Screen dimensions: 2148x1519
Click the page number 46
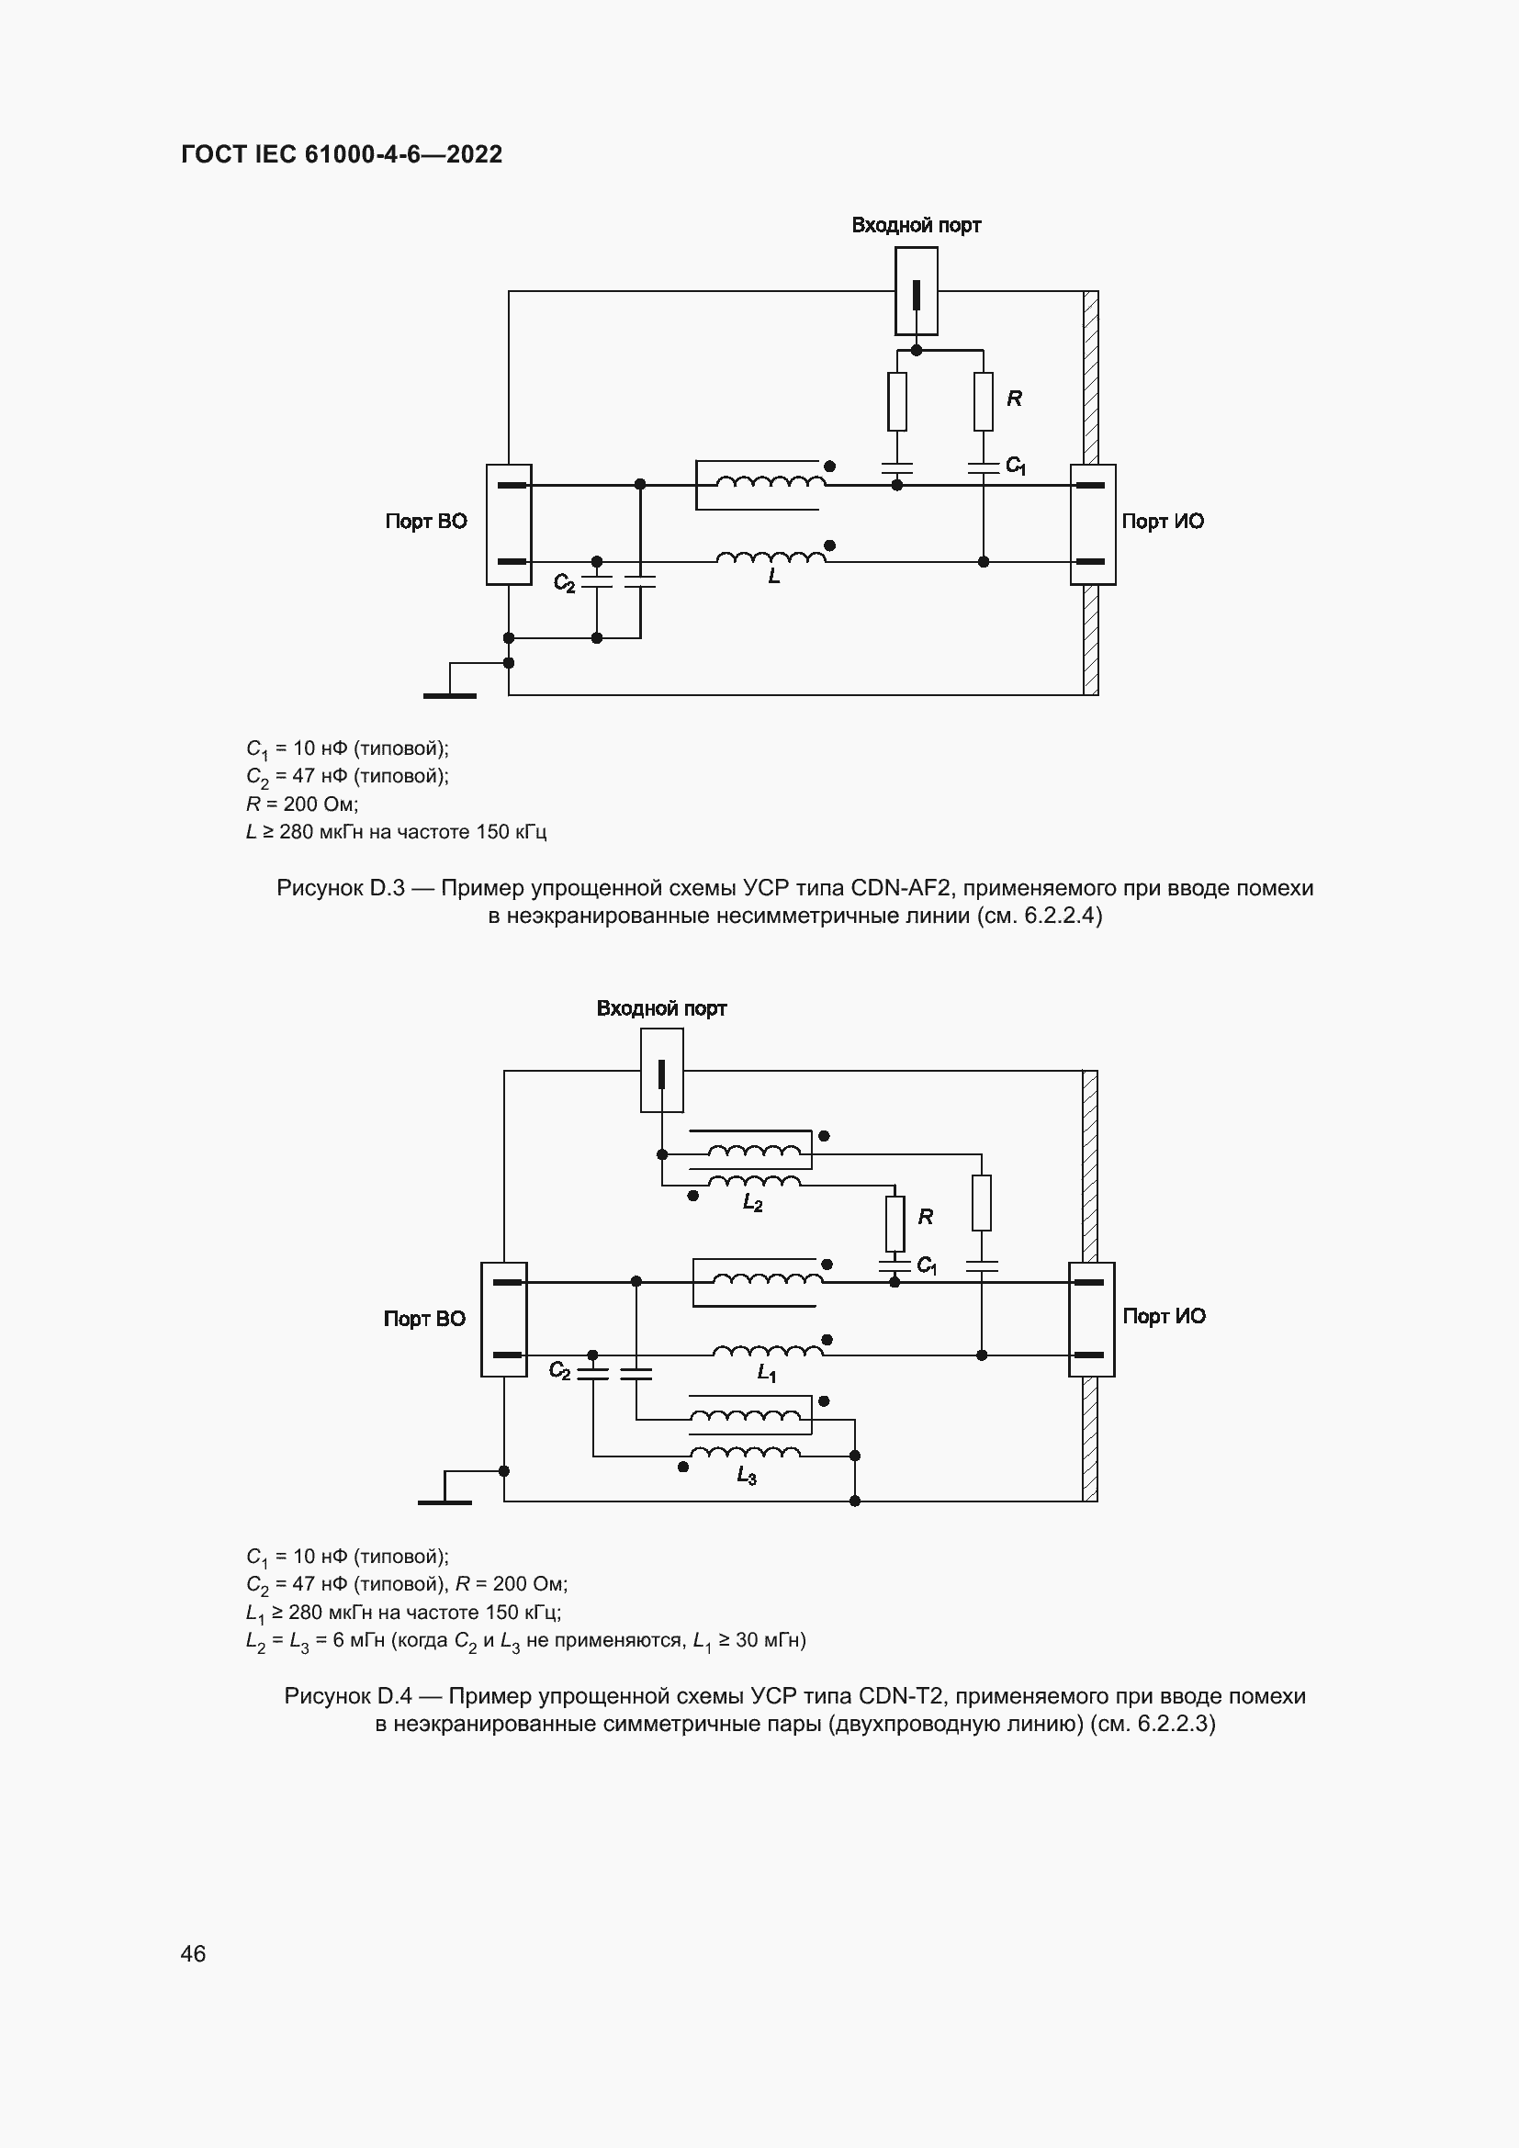(193, 1953)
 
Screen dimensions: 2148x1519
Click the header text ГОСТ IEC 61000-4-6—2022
(342, 154)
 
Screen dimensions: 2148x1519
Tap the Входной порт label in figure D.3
(916, 226)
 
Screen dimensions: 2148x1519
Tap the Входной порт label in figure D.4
(661, 1008)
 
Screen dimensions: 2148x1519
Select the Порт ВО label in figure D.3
(425, 521)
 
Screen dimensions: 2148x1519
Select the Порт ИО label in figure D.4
(1164, 1316)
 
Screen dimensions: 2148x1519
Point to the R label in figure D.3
(1014, 399)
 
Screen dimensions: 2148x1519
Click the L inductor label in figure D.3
(773, 578)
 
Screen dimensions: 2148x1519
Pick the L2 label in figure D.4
(752, 1203)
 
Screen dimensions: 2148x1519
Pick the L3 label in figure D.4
(746, 1477)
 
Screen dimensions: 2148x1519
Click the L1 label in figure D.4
(766, 1372)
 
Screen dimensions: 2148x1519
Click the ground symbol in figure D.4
(444, 1501)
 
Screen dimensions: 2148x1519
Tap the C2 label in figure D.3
(564, 583)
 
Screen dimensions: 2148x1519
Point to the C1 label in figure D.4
(926, 1265)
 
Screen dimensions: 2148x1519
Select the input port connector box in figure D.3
(916, 291)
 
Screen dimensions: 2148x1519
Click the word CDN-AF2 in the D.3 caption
(903, 888)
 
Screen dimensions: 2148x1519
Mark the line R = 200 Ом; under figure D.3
(301, 804)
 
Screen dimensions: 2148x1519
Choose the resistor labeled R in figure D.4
(895, 1223)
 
